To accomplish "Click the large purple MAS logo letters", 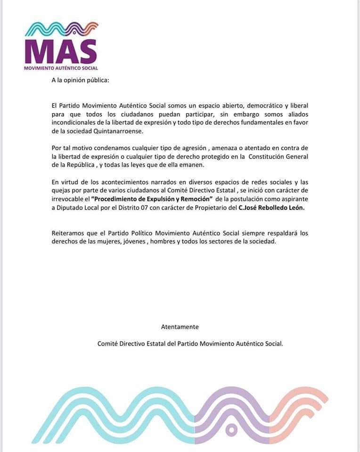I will (x=60, y=51).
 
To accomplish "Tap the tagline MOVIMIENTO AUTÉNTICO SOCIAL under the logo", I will (x=61, y=68).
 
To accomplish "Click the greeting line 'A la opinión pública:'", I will (x=80, y=80).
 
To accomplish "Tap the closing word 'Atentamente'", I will (x=180, y=326).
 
